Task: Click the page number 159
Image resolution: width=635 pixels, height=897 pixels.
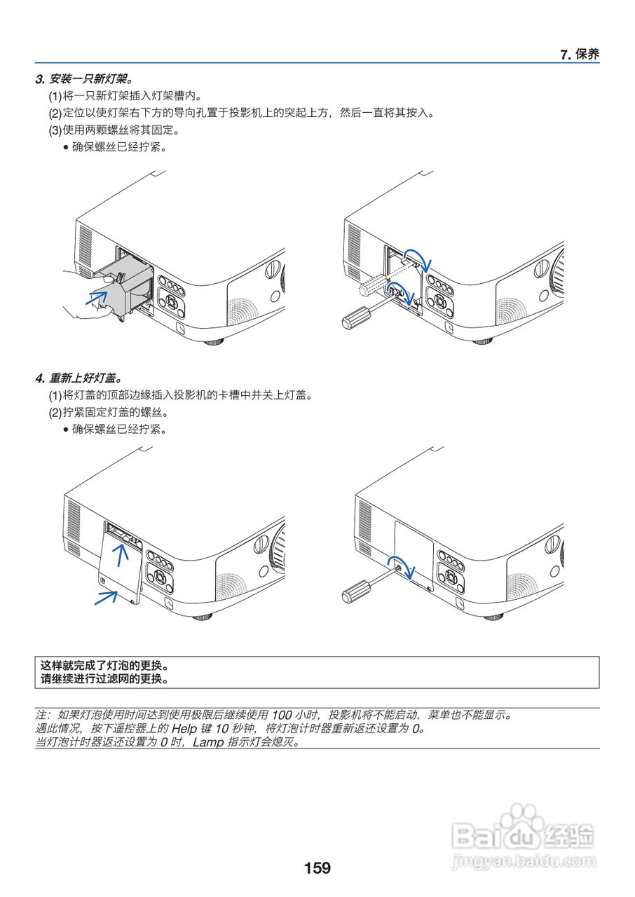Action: pos(317,868)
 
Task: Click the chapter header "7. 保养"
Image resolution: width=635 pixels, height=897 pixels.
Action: pos(580,55)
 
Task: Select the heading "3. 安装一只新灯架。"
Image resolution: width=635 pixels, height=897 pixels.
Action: pos(83,78)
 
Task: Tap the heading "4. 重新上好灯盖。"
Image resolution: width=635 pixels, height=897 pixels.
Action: pos(83,378)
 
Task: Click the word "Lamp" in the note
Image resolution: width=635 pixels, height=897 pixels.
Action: pos(208,742)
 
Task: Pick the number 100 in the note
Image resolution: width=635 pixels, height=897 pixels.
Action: pos(281,715)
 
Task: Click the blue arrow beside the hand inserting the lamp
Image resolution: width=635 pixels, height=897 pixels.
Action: pos(96,298)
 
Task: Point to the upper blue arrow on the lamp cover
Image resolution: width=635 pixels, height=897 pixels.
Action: pos(122,556)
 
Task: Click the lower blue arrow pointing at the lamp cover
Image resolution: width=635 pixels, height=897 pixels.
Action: pos(106,597)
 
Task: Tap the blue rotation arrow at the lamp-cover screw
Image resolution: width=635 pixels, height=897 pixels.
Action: pos(405,564)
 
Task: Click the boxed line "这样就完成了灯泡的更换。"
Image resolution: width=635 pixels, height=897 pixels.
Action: pos(104,665)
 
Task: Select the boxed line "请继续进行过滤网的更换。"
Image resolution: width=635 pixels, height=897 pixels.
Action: pos(104,678)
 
